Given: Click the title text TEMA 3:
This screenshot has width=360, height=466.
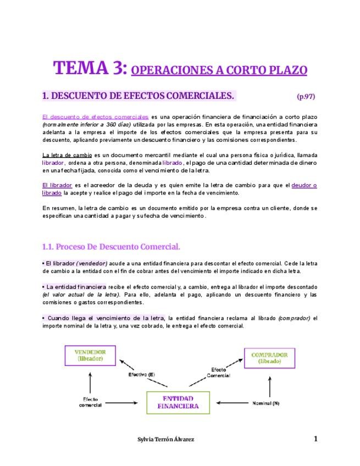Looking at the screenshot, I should coord(90,68).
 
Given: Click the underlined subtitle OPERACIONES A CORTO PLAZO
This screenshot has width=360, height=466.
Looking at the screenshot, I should coord(220,70).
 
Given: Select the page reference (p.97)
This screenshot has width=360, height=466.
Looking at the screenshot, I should coord(306,97).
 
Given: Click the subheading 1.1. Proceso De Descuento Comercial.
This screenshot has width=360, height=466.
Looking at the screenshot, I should coord(111,246).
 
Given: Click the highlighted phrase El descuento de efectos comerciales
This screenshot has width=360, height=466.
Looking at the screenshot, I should coord(96,117).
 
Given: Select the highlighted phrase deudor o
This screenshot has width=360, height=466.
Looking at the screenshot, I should coord(304,185).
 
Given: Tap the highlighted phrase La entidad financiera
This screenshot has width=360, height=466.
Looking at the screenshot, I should coord(76,287).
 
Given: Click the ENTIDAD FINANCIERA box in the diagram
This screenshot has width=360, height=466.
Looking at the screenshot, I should coord(178,402).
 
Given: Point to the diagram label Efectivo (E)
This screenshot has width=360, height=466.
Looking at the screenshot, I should coord(142,375).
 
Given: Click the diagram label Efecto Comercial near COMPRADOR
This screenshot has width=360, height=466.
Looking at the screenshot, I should coord(218,372).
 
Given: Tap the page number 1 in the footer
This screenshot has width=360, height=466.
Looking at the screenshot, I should coord(315,439).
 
